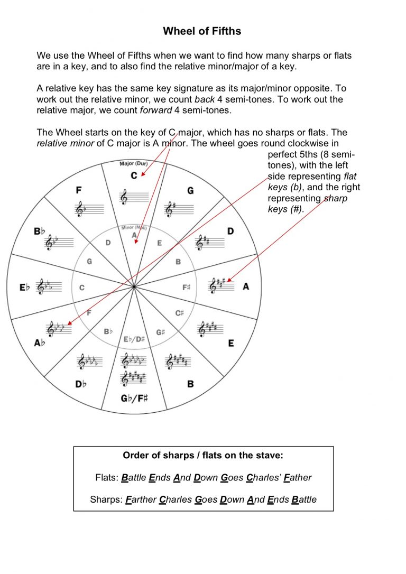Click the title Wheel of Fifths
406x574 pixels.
click(202, 31)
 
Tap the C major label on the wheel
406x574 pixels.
click(134, 175)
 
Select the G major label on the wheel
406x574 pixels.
click(190, 190)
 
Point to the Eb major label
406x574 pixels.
click(24, 288)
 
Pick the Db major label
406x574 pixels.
click(80, 384)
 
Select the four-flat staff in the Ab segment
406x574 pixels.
click(58, 329)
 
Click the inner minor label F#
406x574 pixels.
click(187, 288)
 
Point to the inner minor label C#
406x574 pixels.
click(180, 313)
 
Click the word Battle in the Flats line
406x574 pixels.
click(133, 478)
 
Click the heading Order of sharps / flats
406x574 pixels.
click(203, 455)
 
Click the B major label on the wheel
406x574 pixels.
click(190, 384)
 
